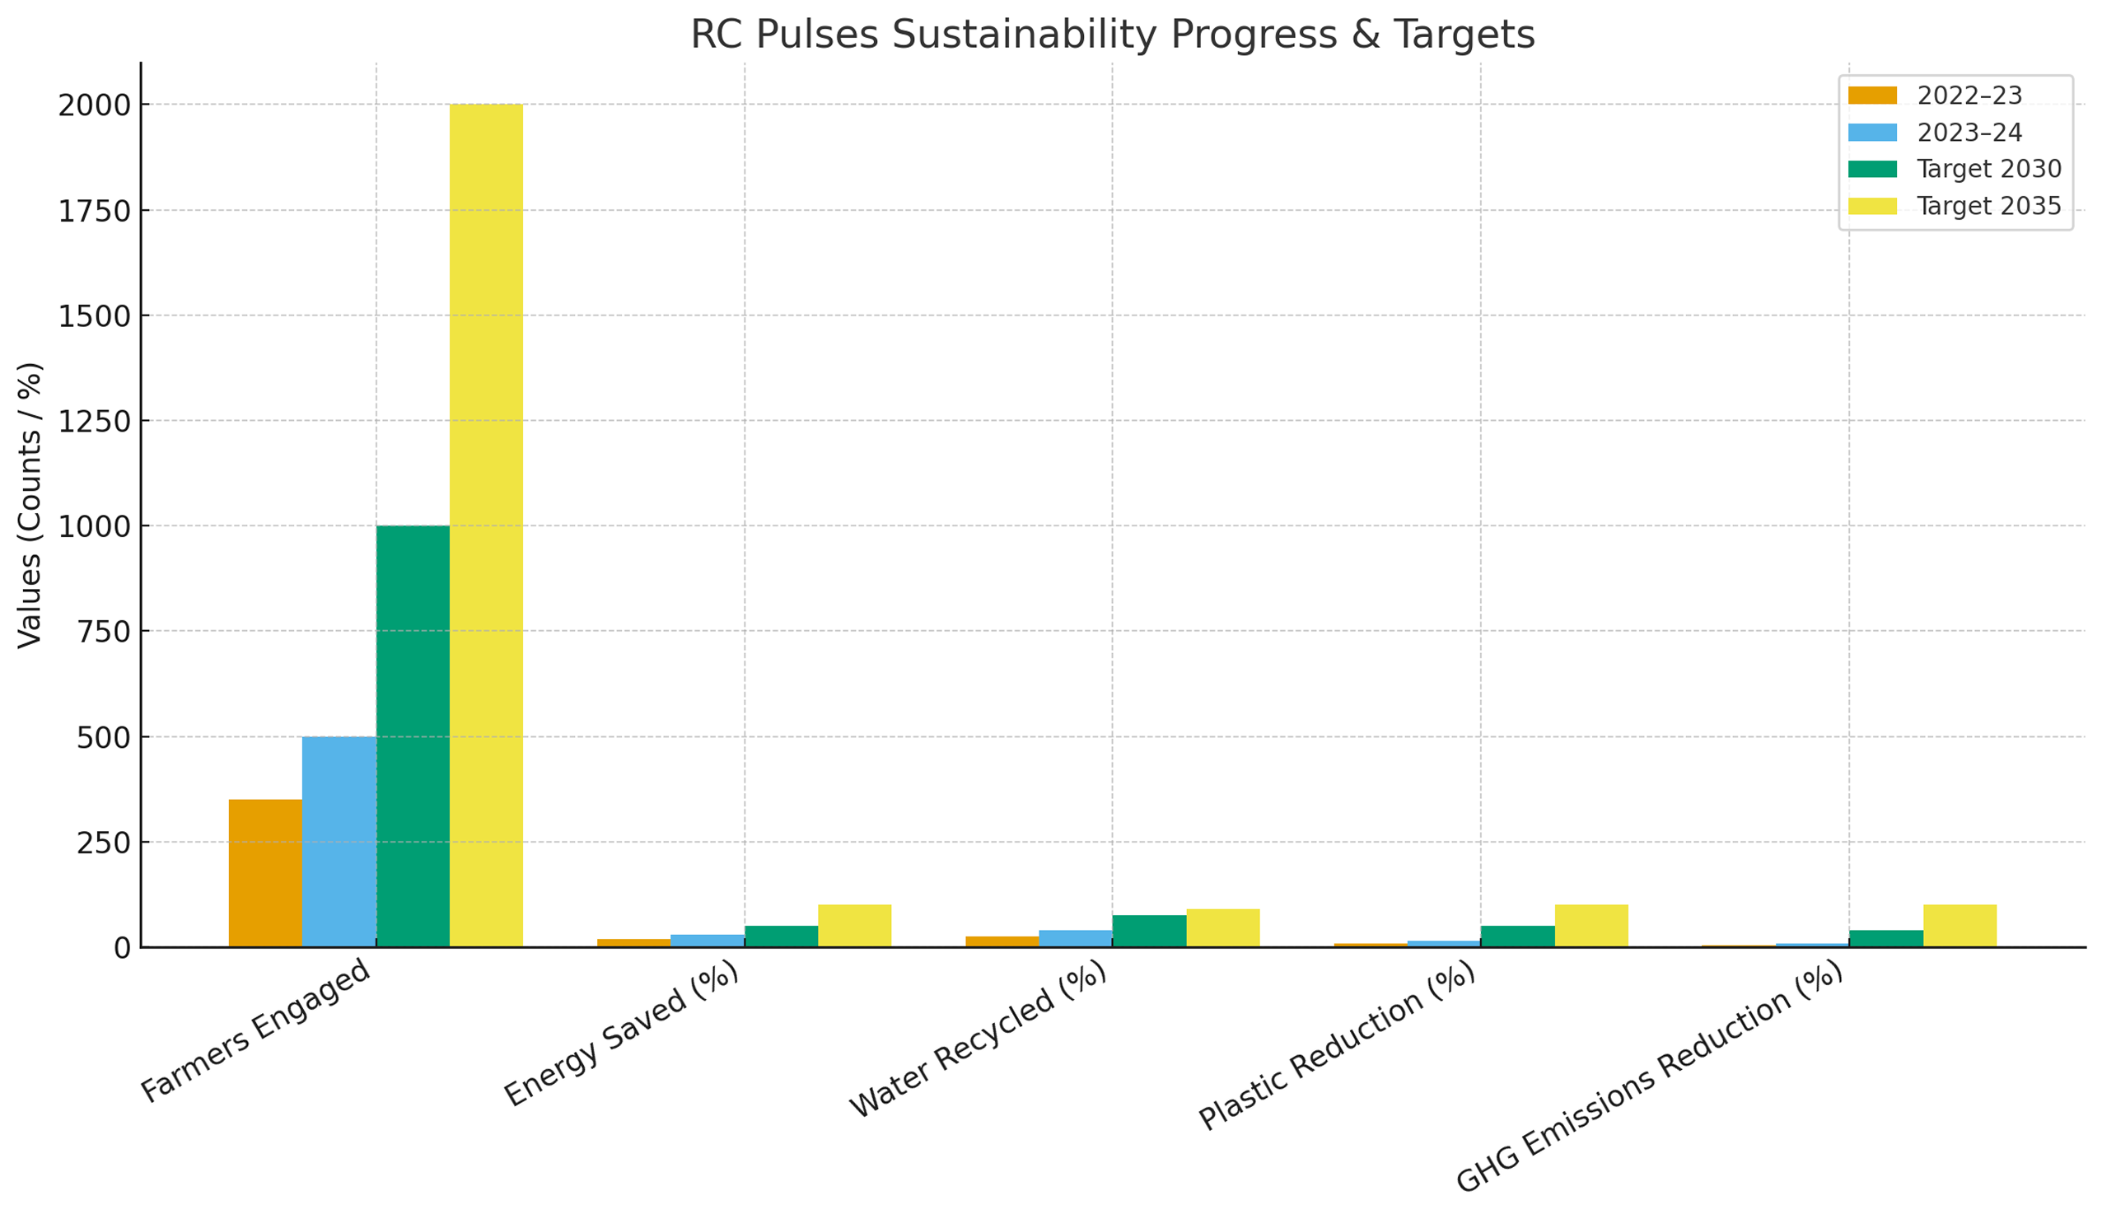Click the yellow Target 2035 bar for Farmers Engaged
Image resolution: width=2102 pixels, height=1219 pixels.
pos(486,525)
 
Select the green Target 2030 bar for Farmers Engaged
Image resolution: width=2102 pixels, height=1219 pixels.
pos(413,736)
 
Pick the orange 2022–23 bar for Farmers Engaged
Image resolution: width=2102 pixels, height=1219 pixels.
pos(265,873)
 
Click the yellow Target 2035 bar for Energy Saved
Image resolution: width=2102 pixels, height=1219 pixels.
pos(854,926)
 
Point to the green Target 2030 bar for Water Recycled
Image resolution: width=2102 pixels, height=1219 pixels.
pos(1148,932)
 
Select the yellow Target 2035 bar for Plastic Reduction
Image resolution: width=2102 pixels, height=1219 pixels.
pos(1591,926)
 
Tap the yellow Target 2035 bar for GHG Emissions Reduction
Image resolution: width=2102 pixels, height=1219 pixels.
pos(1960,926)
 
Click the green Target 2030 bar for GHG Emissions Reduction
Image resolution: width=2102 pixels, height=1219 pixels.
pos(1886,939)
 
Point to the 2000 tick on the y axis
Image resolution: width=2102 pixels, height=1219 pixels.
pos(94,106)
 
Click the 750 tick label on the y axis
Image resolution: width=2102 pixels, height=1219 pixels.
pos(104,633)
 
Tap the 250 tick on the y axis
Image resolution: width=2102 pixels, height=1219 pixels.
pos(104,843)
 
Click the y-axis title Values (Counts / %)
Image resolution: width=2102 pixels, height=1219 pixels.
pos(30,505)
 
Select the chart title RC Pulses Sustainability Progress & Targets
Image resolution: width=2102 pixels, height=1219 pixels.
pos(1112,35)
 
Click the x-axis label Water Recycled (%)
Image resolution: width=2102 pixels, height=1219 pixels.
pos(978,1039)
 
